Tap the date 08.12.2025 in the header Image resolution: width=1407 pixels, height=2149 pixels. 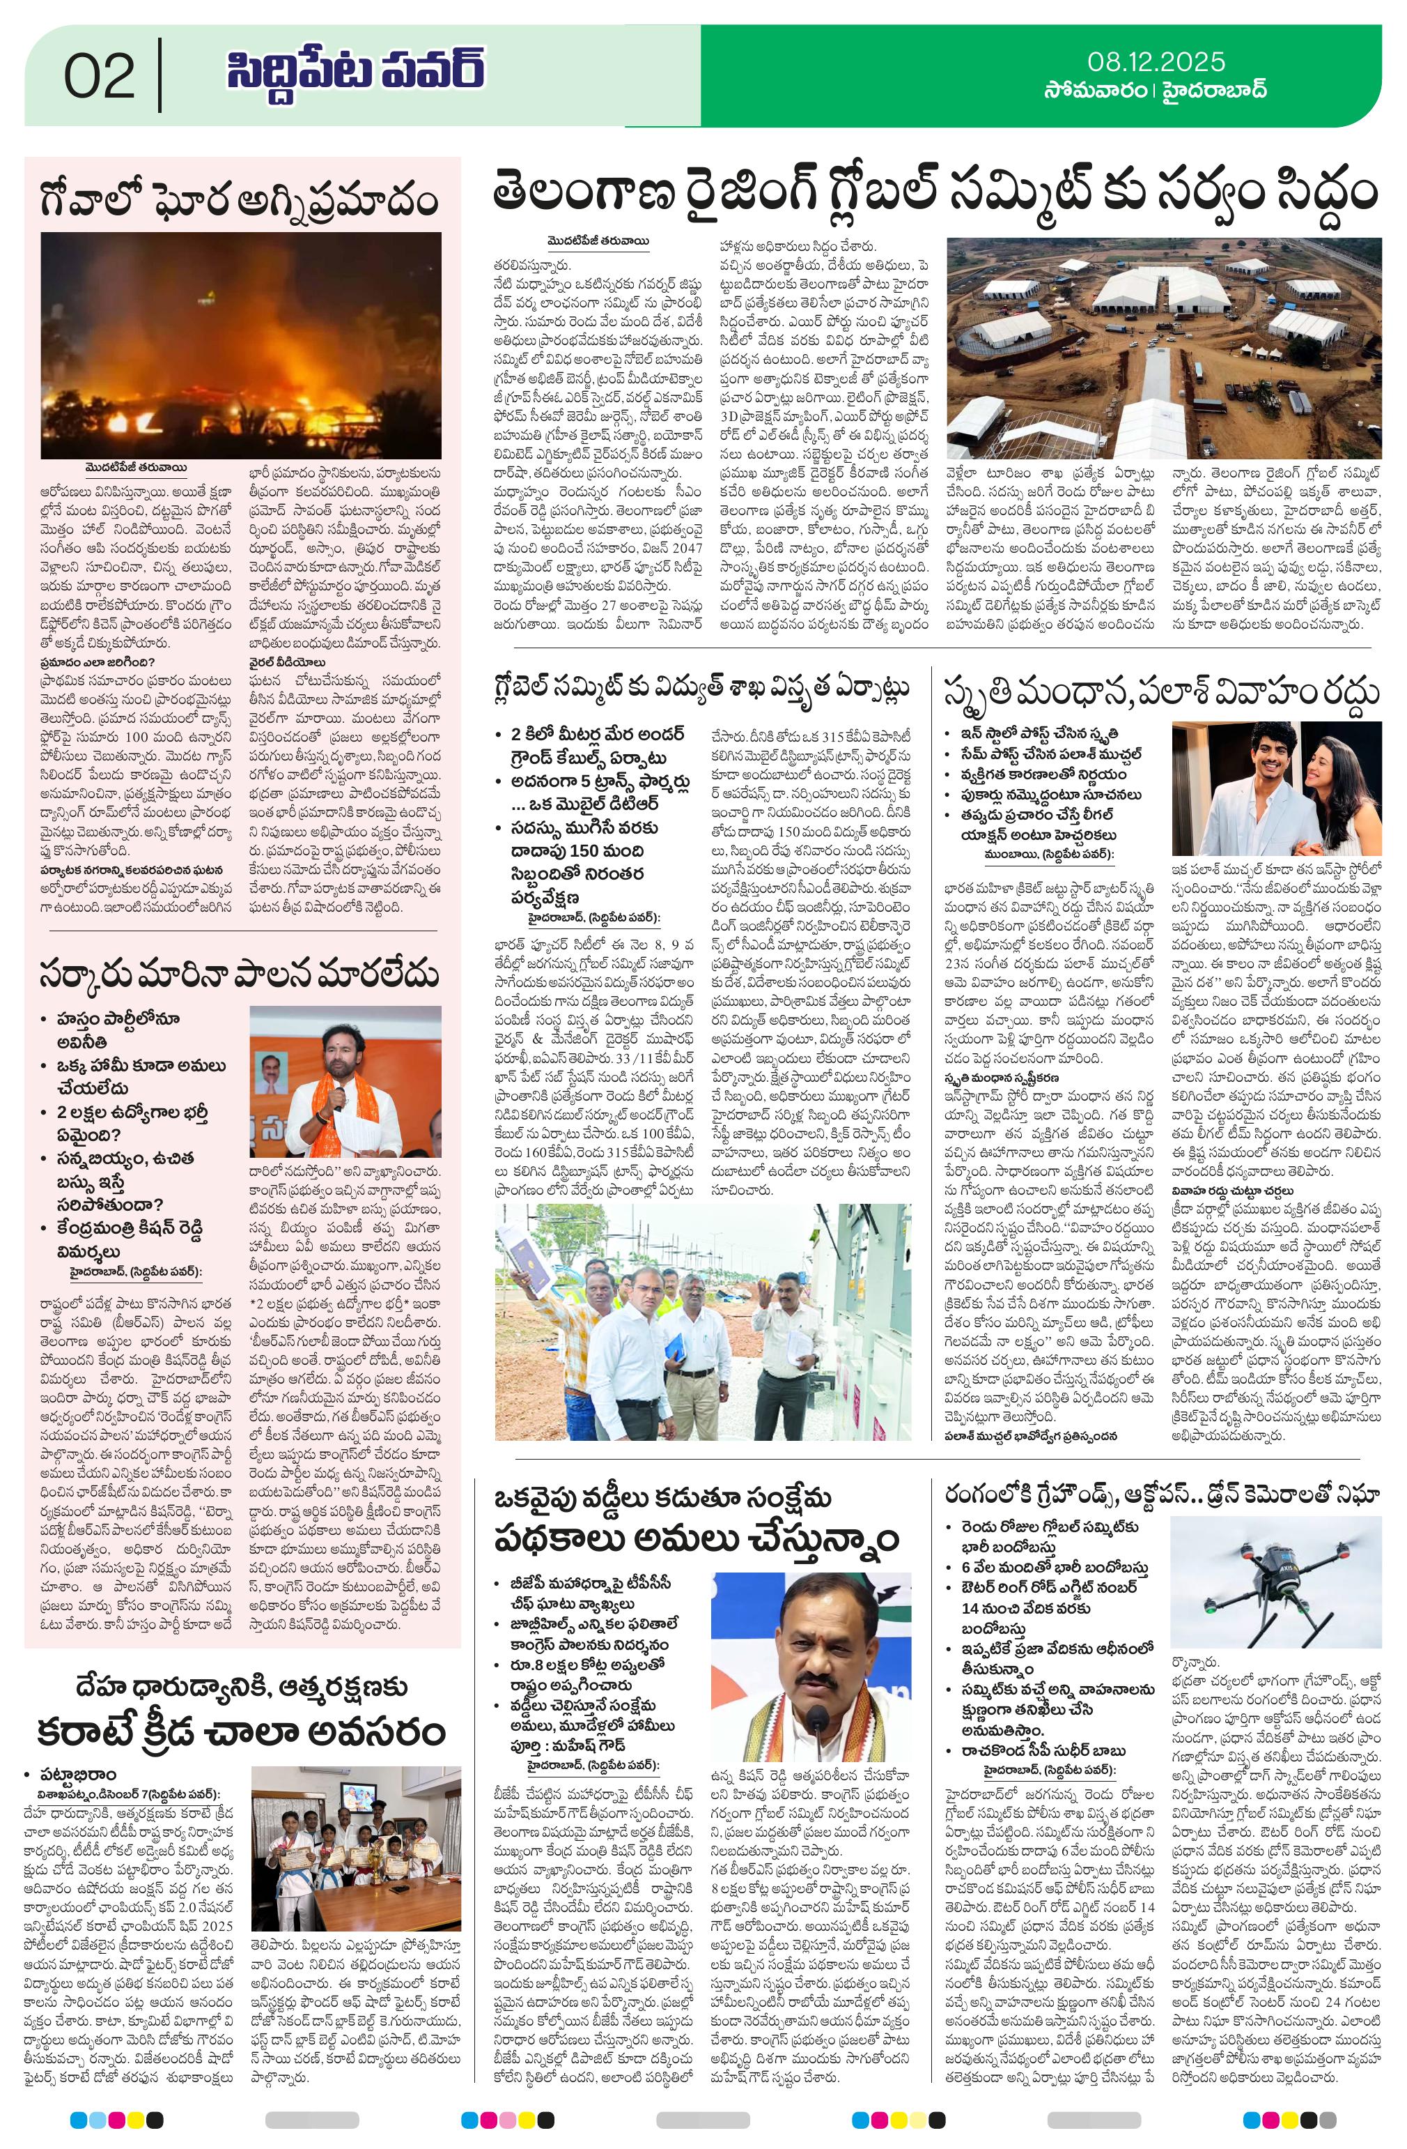point(1156,62)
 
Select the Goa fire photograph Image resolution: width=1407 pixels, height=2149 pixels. point(242,346)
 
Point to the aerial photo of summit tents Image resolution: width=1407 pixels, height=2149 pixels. point(1163,348)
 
